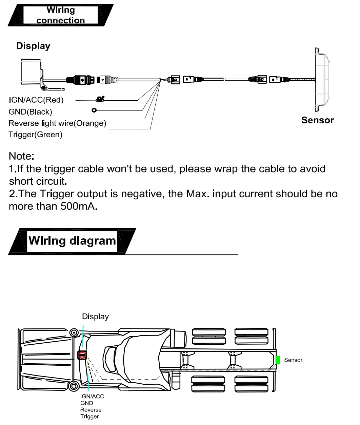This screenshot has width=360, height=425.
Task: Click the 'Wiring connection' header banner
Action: [x=61, y=15]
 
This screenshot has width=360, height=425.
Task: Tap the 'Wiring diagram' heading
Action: [x=72, y=241]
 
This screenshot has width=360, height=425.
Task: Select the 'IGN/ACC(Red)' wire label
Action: [x=36, y=100]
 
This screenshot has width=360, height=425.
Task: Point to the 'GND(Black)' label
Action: [x=30, y=112]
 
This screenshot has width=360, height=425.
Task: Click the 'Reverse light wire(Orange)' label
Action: [x=57, y=123]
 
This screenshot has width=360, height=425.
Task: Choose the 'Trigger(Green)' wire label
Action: [x=36, y=135]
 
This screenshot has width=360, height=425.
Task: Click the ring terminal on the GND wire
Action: [x=94, y=110]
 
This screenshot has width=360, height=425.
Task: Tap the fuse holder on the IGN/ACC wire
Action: [x=100, y=99]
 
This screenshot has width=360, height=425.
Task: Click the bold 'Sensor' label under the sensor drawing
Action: [x=317, y=120]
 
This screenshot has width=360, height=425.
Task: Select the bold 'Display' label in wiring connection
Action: [x=33, y=46]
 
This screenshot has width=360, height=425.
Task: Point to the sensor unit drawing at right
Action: [x=321, y=79]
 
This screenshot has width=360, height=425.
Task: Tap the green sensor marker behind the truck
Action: [x=278, y=360]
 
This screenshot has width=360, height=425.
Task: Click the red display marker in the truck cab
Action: [x=82, y=355]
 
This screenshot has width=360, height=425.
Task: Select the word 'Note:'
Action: [x=21, y=156]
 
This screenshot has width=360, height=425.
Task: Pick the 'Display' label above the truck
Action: [x=95, y=317]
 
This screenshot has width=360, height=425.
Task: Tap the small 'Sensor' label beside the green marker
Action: [x=293, y=360]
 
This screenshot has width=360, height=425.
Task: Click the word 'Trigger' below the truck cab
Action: [x=89, y=417]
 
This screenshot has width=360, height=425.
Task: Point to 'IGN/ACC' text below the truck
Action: [x=92, y=396]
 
